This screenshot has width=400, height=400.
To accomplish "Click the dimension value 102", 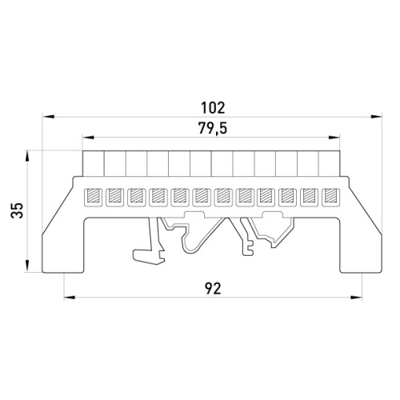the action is [x=213, y=108].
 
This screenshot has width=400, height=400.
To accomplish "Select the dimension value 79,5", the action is [x=213, y=129].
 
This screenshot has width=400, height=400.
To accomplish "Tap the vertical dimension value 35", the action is [x=18, y=210].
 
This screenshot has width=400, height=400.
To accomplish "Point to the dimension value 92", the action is [x=214, y=289].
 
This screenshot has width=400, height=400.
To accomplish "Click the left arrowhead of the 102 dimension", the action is [x=49, y=117].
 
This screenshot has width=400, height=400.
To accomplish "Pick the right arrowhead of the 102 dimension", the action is [x=376, y=117].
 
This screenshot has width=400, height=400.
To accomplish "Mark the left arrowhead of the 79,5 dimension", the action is [x=89, y=138].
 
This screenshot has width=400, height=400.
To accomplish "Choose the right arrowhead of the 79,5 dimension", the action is [x=334, y=138].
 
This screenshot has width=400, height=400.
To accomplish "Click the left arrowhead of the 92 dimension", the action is [x=70, y=298].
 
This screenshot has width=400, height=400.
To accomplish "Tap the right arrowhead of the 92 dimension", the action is [x=356, y=298].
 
